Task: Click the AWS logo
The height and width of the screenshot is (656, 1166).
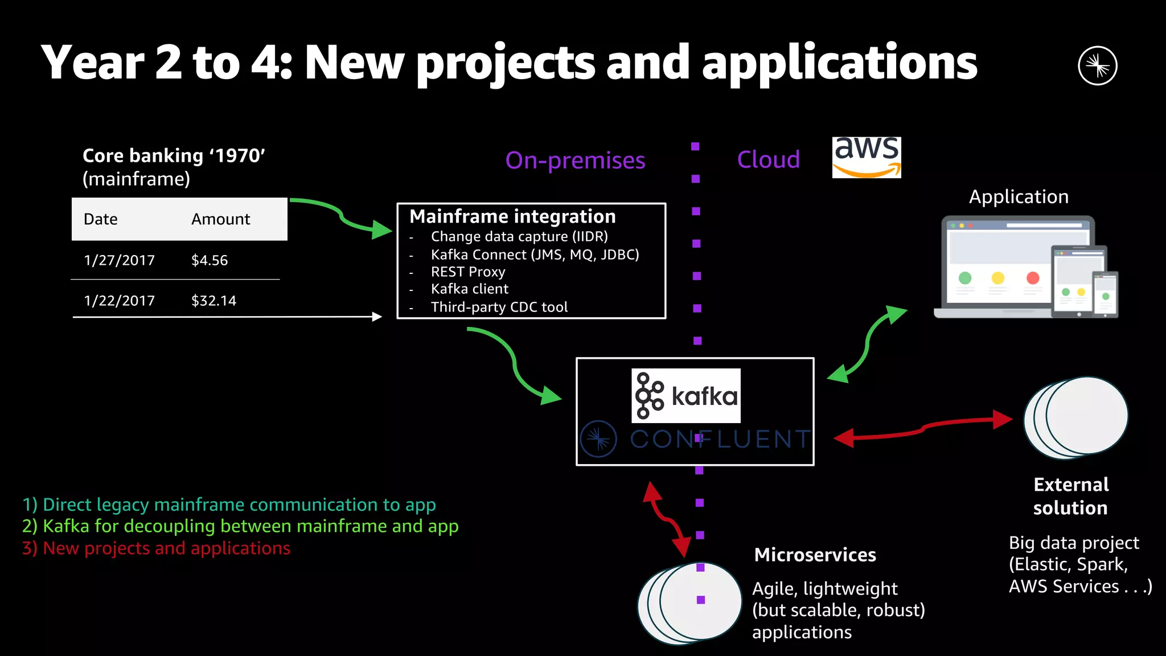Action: [866, 157]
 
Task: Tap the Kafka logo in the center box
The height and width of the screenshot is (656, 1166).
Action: [685, 396]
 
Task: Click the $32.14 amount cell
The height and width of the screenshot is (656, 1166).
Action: [214, 301]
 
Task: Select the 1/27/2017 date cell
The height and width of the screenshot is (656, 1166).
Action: [119, 260]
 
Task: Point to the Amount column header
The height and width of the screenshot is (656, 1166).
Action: [220, 219]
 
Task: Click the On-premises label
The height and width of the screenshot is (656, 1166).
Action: [575, 161]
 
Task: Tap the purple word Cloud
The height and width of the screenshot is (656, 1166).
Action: [768, 159]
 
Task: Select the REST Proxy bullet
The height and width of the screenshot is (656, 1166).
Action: [467, 272]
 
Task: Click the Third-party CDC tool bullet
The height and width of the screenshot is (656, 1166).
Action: [499, 307]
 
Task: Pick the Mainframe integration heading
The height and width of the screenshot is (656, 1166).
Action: [512, 216]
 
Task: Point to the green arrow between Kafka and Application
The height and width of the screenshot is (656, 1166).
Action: [867, 344]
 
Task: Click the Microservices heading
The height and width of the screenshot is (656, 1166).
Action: [815, 555]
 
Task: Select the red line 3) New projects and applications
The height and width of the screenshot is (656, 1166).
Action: [157, 548]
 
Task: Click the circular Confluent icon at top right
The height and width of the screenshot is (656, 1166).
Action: [1097, 65]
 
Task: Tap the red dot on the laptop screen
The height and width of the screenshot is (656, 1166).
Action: [1032, 278]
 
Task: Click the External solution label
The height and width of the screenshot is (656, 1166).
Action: [1070, 496]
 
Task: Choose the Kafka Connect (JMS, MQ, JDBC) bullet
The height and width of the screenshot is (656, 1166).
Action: [535, 255]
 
